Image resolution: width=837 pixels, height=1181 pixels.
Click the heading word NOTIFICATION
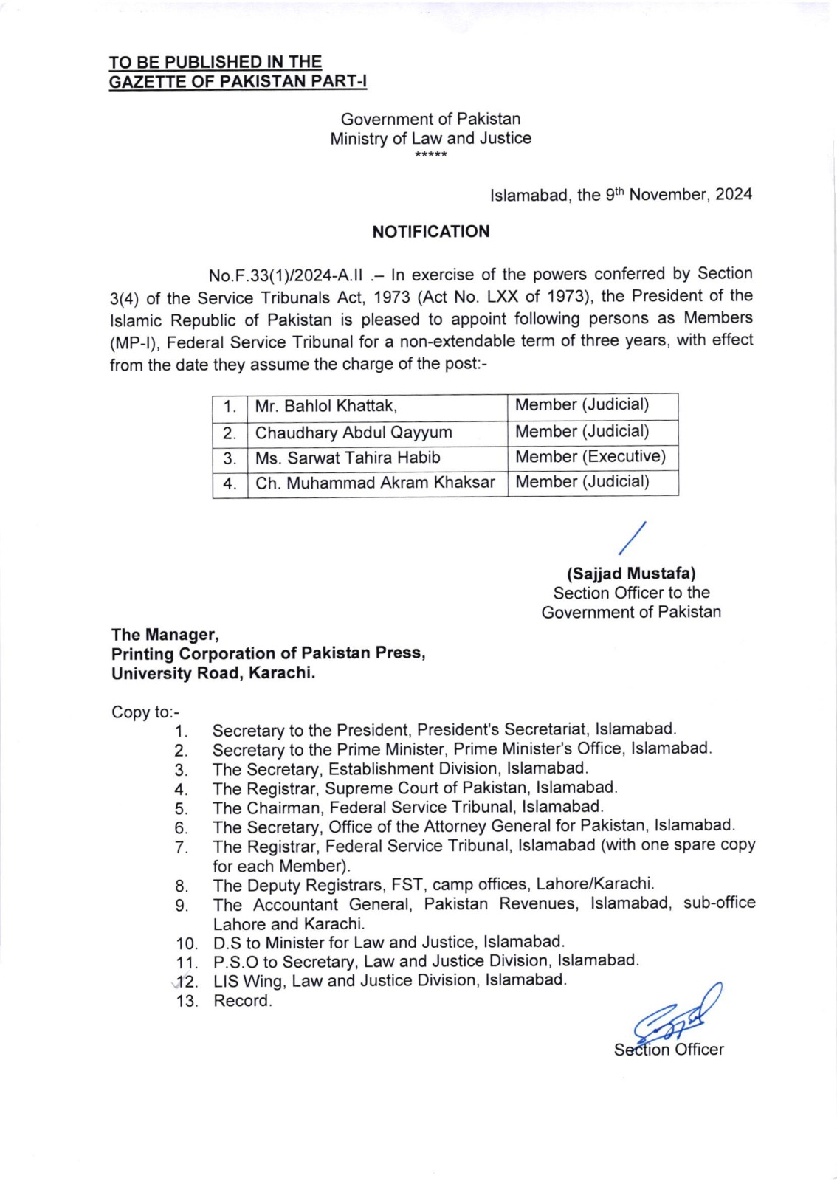tap(430, 232)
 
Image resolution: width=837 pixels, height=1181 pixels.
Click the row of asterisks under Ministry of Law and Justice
tap(430, 155)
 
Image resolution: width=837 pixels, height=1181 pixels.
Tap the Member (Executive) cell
tap(590, 457)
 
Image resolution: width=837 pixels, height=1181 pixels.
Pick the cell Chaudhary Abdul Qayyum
tap(353, 433)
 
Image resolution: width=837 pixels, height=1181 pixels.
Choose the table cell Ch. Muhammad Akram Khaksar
tap(375, 483)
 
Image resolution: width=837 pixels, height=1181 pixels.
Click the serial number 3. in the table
tap(230, 458)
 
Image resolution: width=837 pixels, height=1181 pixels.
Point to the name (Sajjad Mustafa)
tap(631, 574)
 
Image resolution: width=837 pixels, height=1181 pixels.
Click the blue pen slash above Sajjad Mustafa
tap(633, 537)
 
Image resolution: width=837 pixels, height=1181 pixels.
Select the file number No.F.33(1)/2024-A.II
tap(286, 276)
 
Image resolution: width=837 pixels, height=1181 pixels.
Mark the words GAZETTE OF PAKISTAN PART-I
tap(238, 82)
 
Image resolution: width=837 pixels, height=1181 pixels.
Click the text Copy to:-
tap(145, 712)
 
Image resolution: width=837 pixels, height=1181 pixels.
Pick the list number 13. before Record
tap(187, 1002)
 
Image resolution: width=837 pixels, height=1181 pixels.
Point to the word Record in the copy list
tap(242, 1001)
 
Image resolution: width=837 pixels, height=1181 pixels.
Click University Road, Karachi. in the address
tap(213, 673)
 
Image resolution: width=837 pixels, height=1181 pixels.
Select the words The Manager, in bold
tap(165, 635)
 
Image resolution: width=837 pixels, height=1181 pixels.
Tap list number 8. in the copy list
tap(182, 886)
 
